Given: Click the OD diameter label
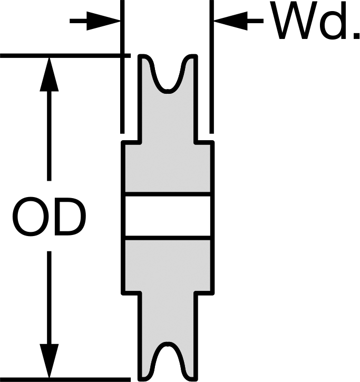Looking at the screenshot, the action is pos(49,217).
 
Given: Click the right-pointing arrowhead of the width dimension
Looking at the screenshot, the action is pos(104,21).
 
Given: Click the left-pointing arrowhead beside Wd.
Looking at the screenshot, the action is pos(231,21).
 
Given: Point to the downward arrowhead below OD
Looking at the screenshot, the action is pos(49,361).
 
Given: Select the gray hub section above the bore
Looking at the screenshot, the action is pos(168,168).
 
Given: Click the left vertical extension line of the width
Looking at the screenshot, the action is pos(122,67).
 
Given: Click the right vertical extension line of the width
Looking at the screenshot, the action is pos(212,67).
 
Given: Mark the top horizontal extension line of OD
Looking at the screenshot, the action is pos(65,56).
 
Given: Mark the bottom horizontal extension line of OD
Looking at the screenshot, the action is pos(65,379).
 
